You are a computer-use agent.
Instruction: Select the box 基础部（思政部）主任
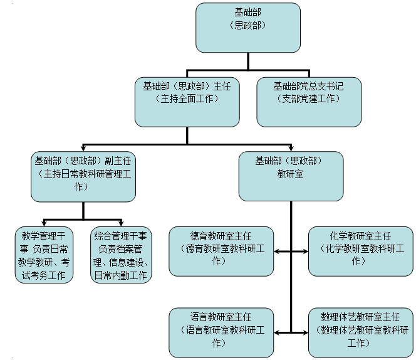pyautogui.click(x=187, y=100)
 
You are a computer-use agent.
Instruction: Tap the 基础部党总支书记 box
pyautogui.click(x=309, y=100)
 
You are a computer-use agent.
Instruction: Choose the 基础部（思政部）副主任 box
pyautogui.click(x=84, y=176)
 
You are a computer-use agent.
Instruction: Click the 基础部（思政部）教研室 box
pyautogui.click(x=291, y=176)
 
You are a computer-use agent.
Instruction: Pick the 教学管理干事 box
pyautogui.click(x=44, y=255)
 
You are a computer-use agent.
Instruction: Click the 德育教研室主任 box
pyautogui.click(x=221, y=251)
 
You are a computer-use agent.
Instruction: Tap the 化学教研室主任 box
pyautogui.click(x=360, y=251)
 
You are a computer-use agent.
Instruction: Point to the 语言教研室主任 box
pyautogui.click(x=221, y=331)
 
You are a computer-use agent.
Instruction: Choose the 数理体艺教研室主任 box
pyautogui.click(x=360, y=331)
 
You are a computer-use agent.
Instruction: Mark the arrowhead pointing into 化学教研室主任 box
pyautogui.click(x=304, y=252)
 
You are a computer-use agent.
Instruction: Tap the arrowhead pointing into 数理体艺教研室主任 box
pyautogui.click(x=304, y=331)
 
